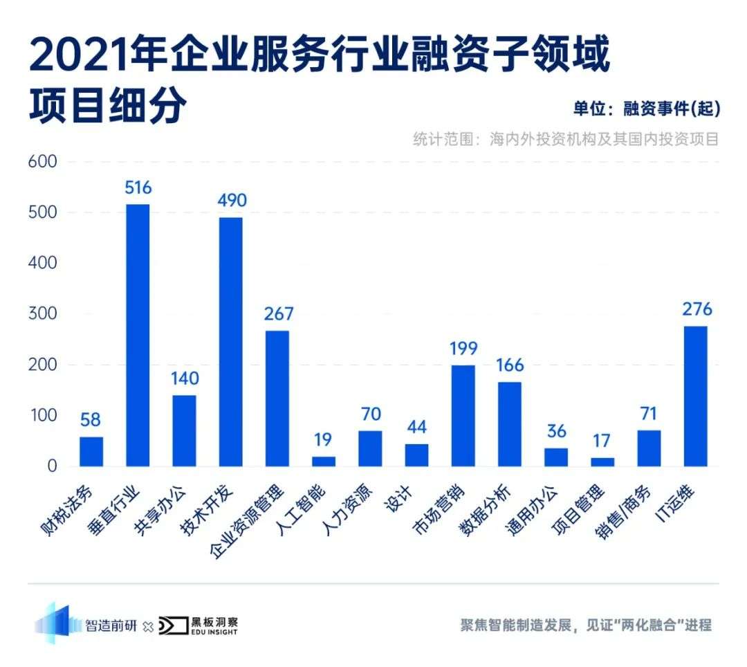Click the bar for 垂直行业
coord(138,335)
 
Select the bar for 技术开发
coord(231,342)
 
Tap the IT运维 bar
coord(695,396)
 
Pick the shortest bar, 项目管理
coord(602,462)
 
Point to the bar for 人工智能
coord(324,461)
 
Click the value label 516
coord(138,188)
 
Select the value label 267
coord(278,314)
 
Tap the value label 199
coord(463,349)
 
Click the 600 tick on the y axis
coord(42,162)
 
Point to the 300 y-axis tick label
coord(42,314)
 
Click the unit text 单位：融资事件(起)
coord(647,109)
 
